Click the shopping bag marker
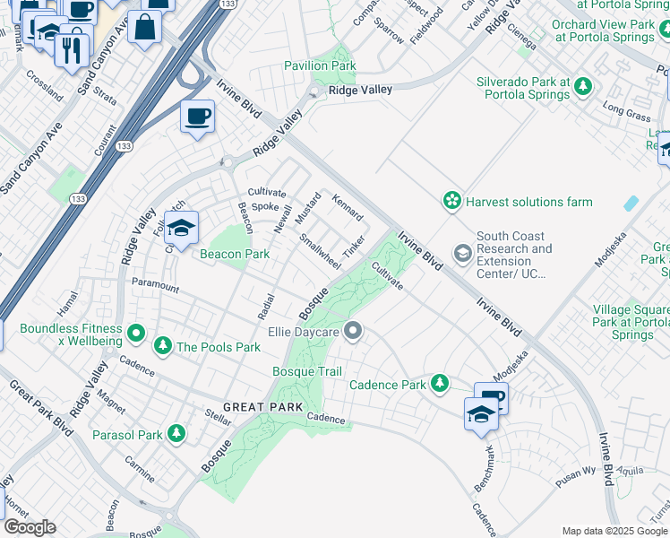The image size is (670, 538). coord(144,27)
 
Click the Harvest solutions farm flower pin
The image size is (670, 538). coord(453,201)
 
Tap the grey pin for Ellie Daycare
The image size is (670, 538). coord(353,332)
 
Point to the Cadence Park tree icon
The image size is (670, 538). coord(439,384)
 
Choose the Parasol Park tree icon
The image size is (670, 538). coord(176,435)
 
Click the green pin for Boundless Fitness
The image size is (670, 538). coord(135,334)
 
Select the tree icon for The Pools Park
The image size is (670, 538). coord(162,346)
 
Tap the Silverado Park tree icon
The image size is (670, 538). coord(584,87)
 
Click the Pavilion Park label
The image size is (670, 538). coord(320,65)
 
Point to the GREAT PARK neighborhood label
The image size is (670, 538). coord(256,407)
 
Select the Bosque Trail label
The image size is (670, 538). coord(307,371)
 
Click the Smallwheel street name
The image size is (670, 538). coord(320,251)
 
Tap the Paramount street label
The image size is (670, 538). coord(154,286)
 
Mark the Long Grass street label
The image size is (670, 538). coord(626,112)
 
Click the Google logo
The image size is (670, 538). coord(30,527)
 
